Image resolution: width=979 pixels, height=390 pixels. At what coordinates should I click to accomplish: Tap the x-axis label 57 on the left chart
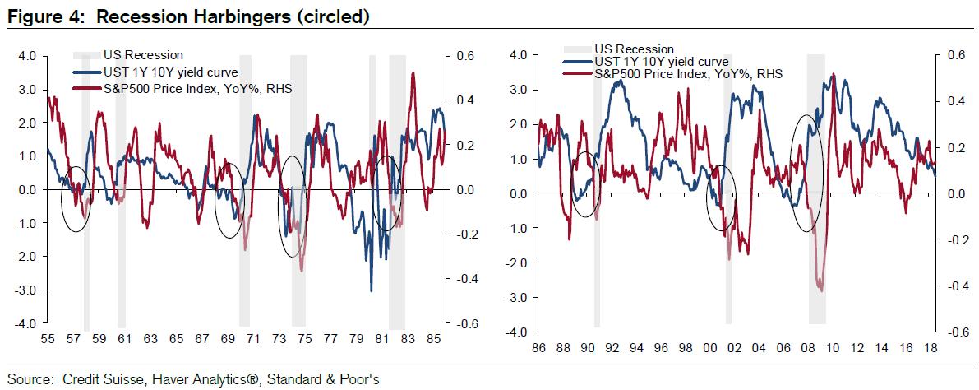72,338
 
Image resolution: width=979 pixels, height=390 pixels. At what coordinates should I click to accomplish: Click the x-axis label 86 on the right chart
538,348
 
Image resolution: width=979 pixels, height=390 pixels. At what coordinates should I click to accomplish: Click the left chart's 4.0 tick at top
27,57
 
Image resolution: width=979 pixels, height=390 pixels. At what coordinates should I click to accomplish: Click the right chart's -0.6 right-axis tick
955,332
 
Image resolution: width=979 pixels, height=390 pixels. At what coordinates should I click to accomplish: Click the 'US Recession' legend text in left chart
143,56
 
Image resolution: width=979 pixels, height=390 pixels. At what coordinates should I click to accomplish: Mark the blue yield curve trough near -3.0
372,290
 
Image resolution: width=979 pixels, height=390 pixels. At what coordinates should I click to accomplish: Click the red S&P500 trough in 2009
820,289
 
